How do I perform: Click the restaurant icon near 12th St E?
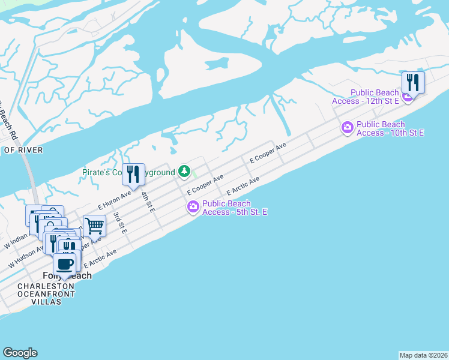pyautogui.click(x=413, y=82)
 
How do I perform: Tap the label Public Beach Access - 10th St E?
pyautogui.click(x=390, y=128)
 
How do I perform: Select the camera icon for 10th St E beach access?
pyautogui.click(x=347, y=127)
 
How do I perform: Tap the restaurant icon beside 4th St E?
pyautogui.click(x=134, y=175)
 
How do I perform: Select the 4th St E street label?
pyautogui.click(x=148, y=202)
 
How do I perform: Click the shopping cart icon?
pyautogui.click(x=94, y=226)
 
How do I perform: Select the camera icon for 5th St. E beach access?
pyautogui.click(x=193, y=208)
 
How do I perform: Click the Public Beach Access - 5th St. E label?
pyautogui.click(x=235, y=208)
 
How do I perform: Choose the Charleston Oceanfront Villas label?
pyautogui.click(x=47, y=294)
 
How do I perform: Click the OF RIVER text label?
pyautogui.click(x=23, y=150)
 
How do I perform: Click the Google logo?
pyautogui.click(x=20, y=353)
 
